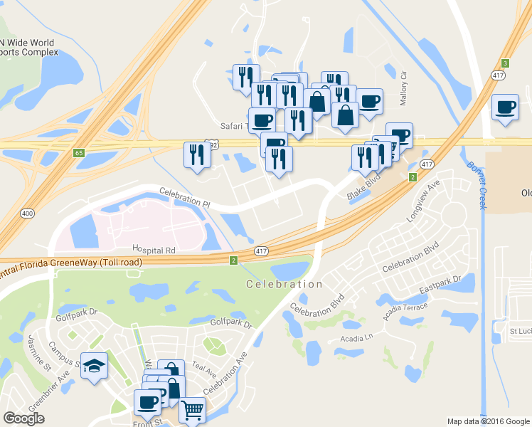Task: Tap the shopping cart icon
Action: pos(192,410)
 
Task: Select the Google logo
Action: pos(23,418)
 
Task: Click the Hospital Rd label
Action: pos(154,251)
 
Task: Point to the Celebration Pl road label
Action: pos(185,197)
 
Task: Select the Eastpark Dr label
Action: pos(441,283)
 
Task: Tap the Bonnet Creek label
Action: pos(476,185)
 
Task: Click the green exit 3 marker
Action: pos(505,63)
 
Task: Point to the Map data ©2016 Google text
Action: pos(488,421)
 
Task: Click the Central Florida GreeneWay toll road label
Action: pos(71,263)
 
